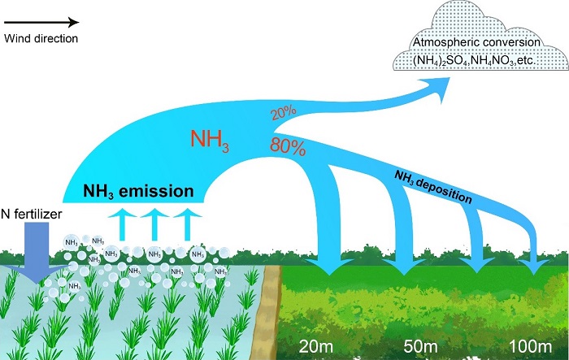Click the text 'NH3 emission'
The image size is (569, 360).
click(x=141, y=193)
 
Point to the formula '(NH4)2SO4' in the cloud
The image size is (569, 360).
click(x=440, y=59)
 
